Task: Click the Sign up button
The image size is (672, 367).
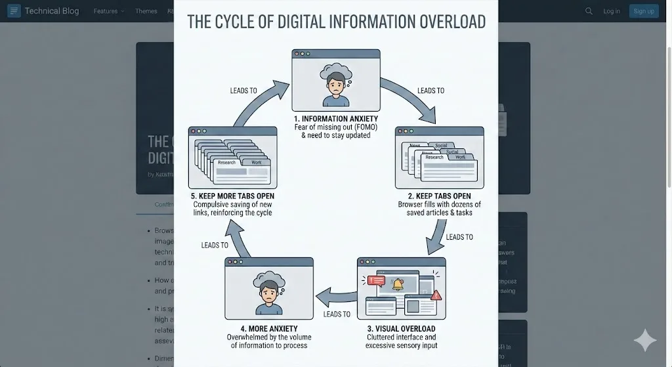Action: (644, 11)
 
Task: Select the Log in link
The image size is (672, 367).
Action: (612, 11)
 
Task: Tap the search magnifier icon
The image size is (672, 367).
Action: (589, 11)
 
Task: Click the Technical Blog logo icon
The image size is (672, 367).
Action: (14, 11)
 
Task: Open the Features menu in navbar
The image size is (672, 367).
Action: (108, 11)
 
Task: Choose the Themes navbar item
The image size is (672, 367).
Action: (146, 11)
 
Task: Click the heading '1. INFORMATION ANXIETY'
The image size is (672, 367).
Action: (335, 119)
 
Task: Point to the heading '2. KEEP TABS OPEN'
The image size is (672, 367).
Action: (439, 196)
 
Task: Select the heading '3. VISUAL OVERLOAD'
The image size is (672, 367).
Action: (400, 329)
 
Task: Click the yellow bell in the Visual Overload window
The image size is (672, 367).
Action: (397, 284)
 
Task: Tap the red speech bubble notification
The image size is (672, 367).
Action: (376, 280)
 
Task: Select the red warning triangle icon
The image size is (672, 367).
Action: (436, 295)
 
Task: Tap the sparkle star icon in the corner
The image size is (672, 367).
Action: (644, 341)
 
